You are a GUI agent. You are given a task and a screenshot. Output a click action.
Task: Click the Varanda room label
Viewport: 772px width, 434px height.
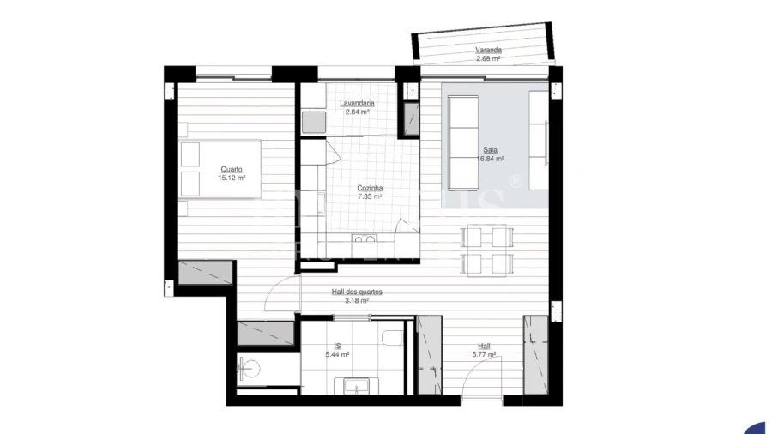point(488,51)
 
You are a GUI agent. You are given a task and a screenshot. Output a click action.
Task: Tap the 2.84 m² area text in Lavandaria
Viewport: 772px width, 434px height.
point(357,112)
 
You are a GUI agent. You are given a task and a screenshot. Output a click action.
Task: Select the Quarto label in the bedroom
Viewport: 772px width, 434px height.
point(232,169)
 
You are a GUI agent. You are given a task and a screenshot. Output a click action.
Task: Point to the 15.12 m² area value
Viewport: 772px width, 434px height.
point(232,178)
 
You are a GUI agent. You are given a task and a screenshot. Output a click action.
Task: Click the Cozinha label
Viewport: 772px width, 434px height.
point(370,188)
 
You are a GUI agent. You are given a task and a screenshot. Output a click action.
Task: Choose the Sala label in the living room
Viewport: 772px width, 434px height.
point(490,150)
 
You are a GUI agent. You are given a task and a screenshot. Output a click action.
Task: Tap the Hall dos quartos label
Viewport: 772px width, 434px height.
point(357,292)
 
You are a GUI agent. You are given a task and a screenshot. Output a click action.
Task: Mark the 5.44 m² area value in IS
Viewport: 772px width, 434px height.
point(337,353)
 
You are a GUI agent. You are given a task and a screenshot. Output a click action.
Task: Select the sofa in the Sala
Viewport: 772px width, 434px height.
point(464,143)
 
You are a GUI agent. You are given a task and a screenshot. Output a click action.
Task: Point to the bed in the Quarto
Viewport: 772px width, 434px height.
point(220,169)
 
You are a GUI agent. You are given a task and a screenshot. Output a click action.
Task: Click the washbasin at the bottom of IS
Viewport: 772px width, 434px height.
point(357,387)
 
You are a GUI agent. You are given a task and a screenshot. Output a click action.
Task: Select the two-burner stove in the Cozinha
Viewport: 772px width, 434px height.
point(363,243)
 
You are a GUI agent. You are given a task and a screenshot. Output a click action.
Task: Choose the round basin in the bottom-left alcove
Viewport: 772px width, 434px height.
point(250,370)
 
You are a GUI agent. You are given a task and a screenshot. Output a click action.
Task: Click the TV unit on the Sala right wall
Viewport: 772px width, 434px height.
point(538,142)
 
